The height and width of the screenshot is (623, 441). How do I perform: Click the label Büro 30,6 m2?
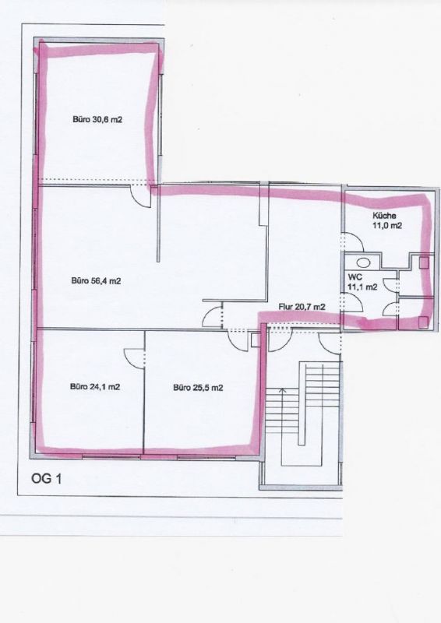tap(97, 119)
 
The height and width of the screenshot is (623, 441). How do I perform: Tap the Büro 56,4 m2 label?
tap(97, 281)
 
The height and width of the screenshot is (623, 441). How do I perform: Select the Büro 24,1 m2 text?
tap(95, 386)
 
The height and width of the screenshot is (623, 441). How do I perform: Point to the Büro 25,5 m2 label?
tap(198, 388)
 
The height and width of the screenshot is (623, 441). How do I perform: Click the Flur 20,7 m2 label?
tap(302, 307)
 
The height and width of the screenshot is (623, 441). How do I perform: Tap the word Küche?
tap(384, 216)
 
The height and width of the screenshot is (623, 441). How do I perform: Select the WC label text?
tap(355, 277)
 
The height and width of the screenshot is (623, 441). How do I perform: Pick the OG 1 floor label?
tap(46, 479)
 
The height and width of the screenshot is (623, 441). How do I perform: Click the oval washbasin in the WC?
tap(362, 262)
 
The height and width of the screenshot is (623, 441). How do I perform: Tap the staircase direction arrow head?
tap(283, 391)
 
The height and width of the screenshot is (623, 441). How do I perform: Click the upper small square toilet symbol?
tap(425, 262)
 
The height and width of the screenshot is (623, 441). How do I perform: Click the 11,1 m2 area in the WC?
tap(362, 287)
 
